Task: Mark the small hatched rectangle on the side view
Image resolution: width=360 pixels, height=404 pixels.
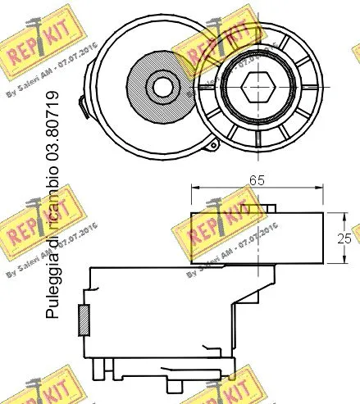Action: point(82,320)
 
